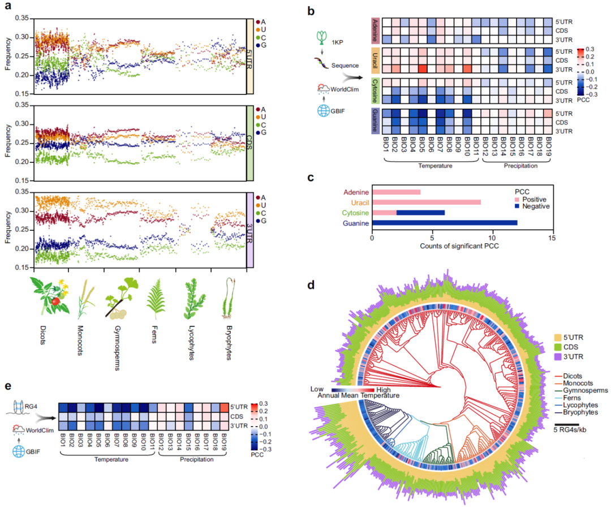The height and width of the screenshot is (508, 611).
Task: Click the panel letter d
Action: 310,286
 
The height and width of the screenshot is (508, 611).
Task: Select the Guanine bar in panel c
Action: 444,223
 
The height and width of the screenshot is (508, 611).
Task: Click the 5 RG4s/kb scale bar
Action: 566,423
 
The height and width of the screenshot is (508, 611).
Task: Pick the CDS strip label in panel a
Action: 249,143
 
